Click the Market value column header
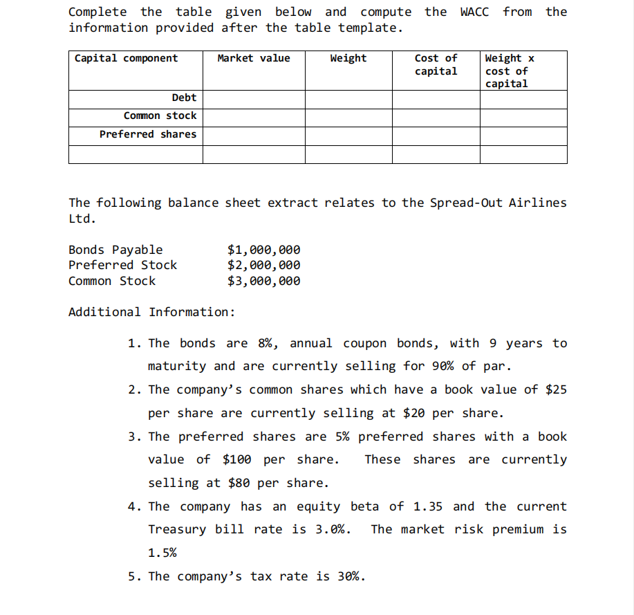254,58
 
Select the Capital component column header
126,58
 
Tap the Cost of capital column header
436,64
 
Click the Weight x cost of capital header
510,71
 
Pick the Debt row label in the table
184,98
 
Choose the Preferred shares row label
147,134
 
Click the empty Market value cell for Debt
254,99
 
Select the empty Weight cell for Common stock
348,117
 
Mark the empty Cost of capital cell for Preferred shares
436,135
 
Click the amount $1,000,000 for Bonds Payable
264,250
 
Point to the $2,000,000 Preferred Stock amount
264,265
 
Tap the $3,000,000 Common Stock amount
264,281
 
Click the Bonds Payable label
115,250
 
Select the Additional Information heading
151,312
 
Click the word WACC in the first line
475,12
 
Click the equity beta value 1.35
428,506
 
